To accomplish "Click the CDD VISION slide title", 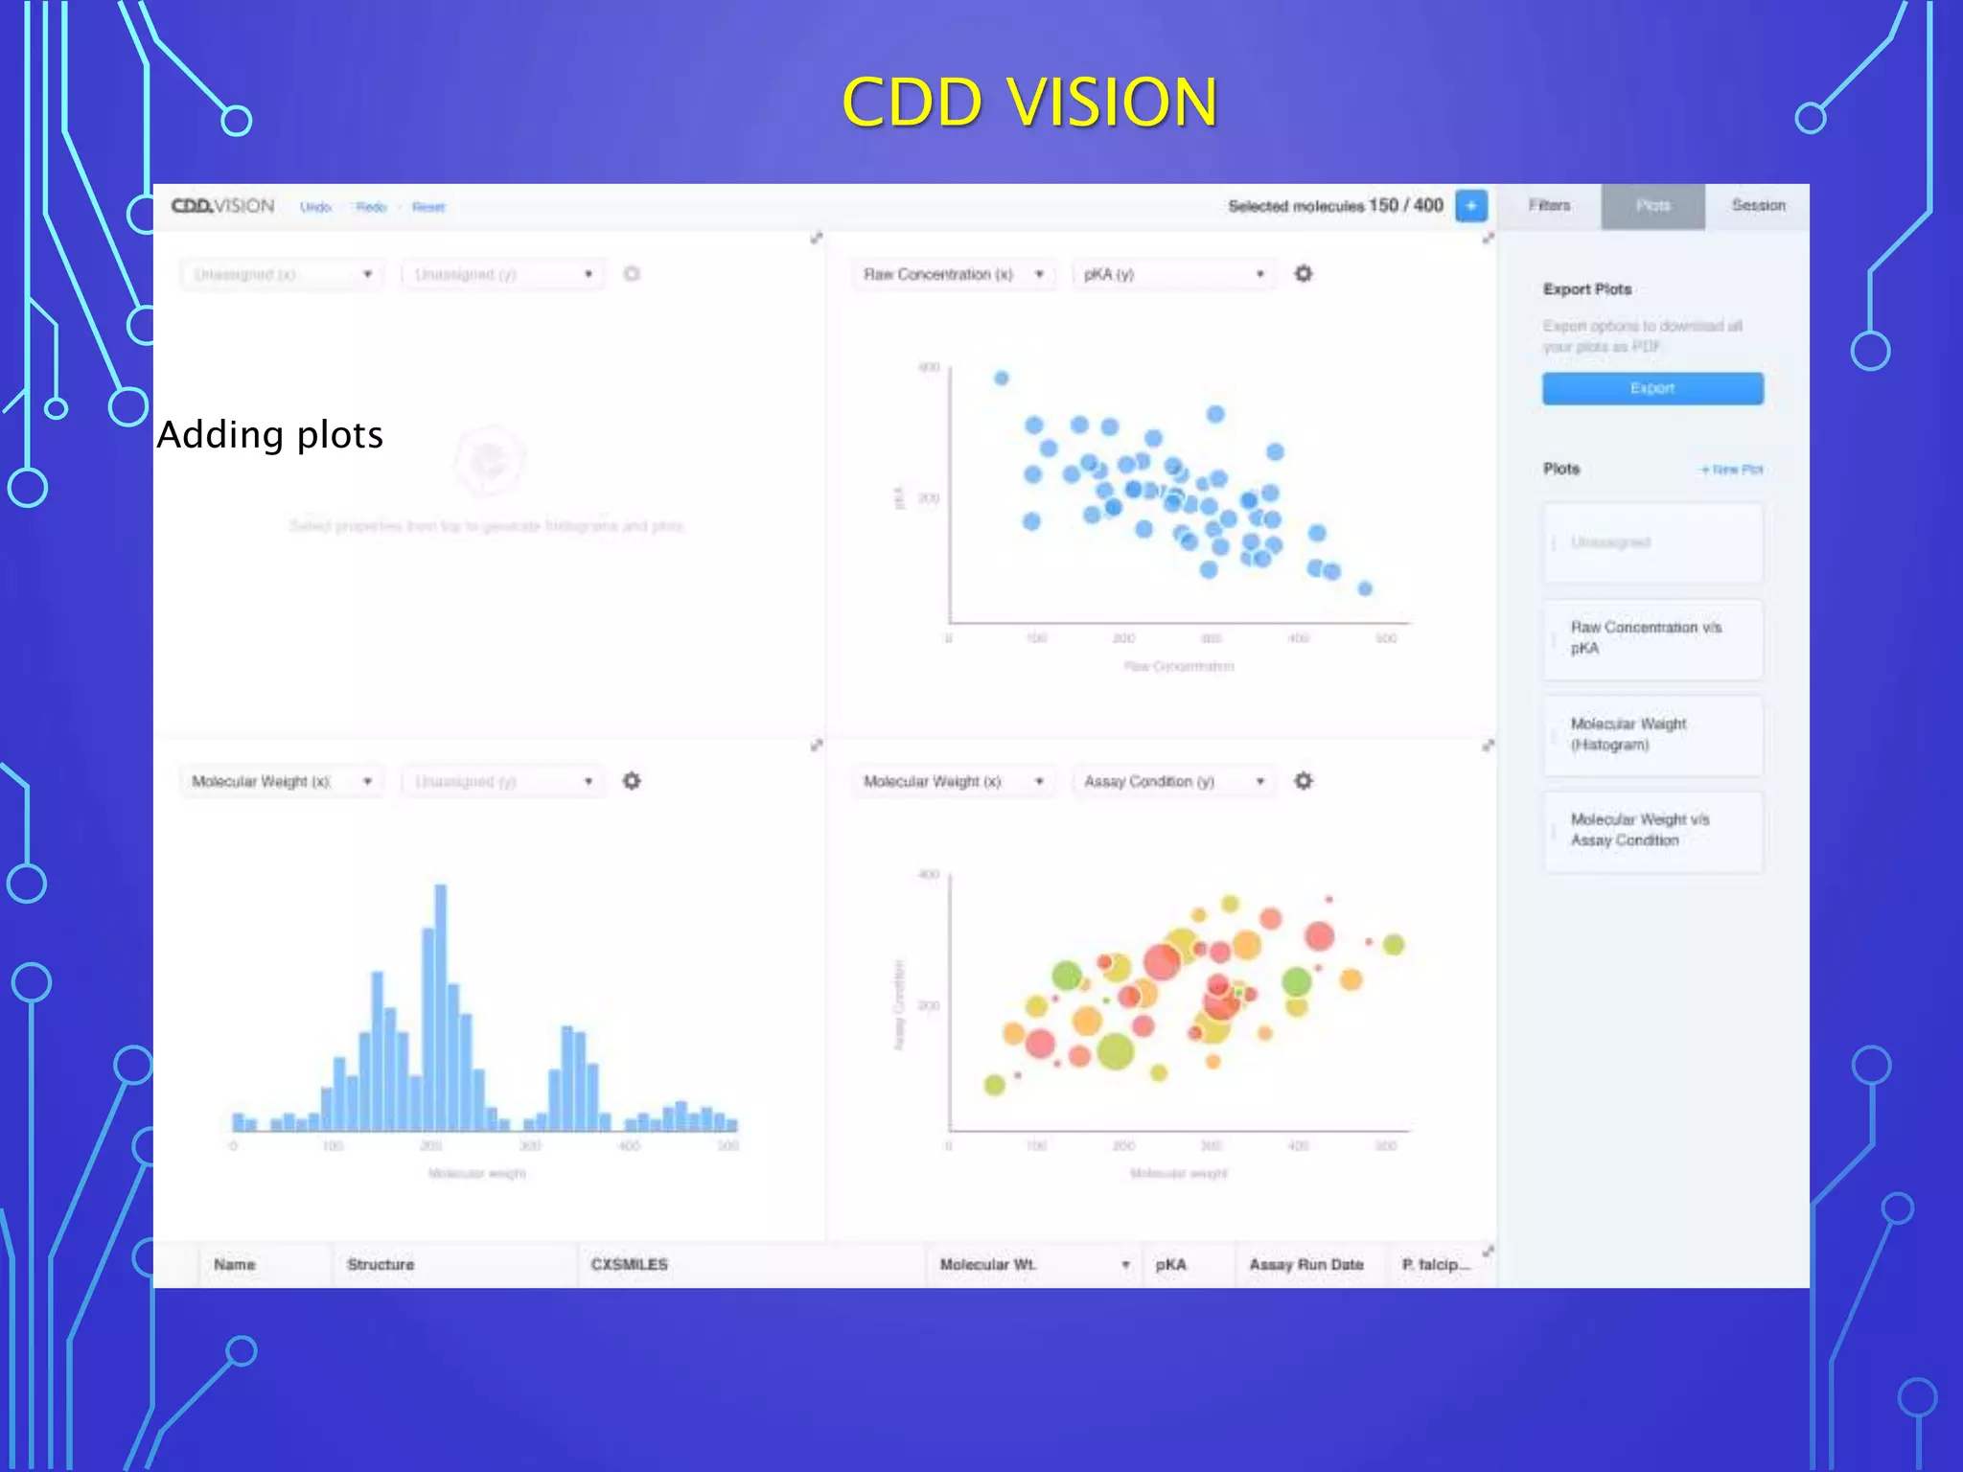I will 1029,102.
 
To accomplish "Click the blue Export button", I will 1651,388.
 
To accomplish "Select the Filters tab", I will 1549,206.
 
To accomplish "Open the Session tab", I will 1758,206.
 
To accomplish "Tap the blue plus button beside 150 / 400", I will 1470,206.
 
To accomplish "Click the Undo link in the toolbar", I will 315,207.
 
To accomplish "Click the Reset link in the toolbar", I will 428,207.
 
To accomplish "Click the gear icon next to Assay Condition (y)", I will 1304,781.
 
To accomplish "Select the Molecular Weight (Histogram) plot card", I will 1651,735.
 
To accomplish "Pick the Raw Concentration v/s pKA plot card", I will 1651,638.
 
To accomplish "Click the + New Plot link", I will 1732,470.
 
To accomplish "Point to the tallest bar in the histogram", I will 440,1006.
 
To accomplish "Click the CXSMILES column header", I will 629,1265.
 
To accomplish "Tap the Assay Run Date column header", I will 1305,1265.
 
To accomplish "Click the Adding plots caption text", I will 270,435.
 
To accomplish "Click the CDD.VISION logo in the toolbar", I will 222,206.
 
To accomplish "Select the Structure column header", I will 381,1265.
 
